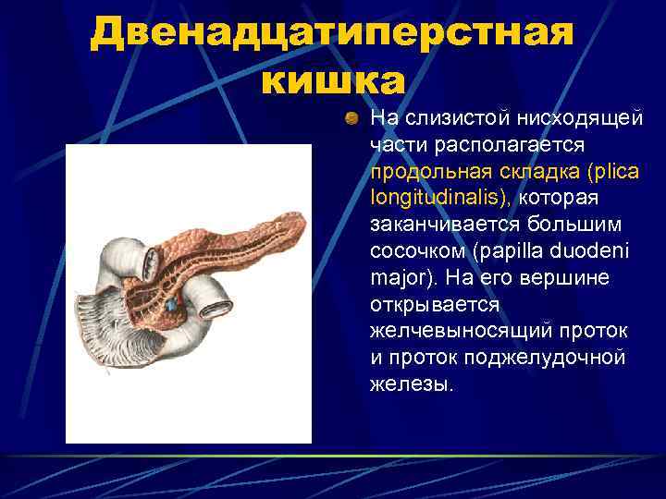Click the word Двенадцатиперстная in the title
(332, 34)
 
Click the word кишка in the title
(332, 80)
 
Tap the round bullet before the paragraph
(351, 118)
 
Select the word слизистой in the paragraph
(434, 118)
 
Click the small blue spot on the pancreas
(171, 303)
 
